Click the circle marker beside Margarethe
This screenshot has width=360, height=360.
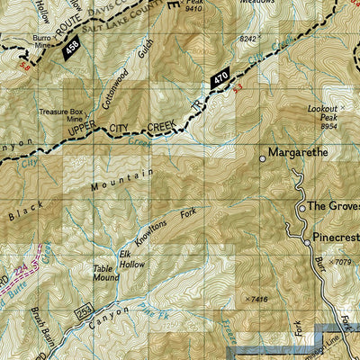click(x=263, y=158)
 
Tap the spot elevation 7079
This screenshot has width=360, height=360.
click(x=341, y=262)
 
